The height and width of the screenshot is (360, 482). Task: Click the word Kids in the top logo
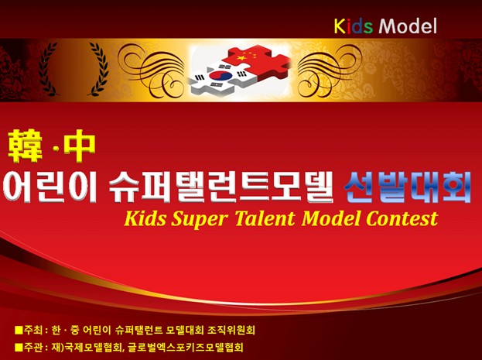point(354,26)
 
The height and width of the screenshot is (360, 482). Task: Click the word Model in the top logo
point(408,26)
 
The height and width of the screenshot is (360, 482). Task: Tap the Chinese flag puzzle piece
point(256,61)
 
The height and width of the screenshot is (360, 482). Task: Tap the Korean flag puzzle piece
point(222,77)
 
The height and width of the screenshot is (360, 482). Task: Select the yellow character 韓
point(26,146)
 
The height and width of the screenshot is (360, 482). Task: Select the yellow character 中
point(80,146)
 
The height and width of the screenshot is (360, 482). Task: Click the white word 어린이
point(50,187)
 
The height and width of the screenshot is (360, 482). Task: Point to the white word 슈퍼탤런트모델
point(221,187)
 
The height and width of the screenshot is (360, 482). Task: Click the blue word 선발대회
point(408,187)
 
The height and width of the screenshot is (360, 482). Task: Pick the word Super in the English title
point(200,220)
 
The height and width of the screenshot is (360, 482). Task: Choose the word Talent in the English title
point(265,218)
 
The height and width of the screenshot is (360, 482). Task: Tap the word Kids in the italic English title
point(145,218)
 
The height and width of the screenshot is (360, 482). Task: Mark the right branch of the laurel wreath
point(98,69)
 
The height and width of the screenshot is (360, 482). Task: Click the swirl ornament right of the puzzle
point(326,70)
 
